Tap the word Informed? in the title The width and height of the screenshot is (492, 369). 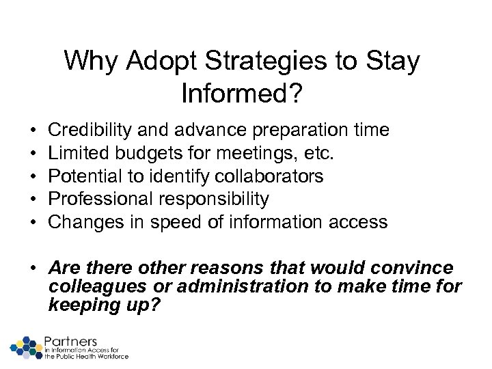tap(242, 92)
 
